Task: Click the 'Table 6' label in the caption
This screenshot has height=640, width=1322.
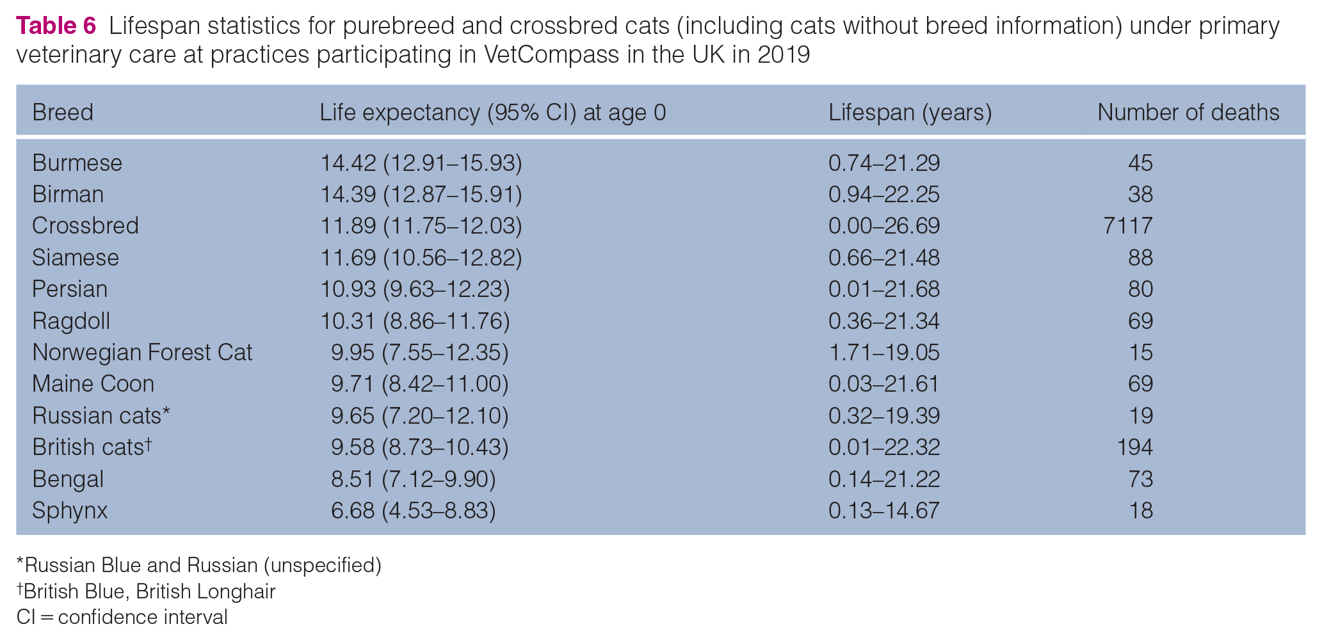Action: click(x=56, y=26)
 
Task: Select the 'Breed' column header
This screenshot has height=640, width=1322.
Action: click(x=63, y=113)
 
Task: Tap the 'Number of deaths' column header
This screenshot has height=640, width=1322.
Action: click(x=1188, y=113)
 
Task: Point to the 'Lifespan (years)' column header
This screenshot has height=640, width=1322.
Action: click(x=910, y=113)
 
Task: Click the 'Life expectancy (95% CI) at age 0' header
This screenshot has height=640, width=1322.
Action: click(x=493, y=113)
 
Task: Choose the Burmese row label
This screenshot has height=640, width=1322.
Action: click(x=77, y=163)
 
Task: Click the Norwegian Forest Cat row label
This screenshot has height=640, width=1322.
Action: click(x=142, y=353)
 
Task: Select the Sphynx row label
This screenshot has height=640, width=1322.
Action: click(x=70, y=511)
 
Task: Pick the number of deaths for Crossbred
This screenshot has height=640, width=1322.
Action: click(x=1128, y=226)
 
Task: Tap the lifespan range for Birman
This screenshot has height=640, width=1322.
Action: click(x=884, y=195)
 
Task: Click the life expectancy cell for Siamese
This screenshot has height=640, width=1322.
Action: click(x=421, y=258)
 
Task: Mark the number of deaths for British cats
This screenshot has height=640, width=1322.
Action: click(x=1134, y=447)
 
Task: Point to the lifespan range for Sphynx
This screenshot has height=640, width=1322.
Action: click(x=884, y=511)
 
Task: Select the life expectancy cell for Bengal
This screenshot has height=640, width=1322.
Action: click(x=414, y=479)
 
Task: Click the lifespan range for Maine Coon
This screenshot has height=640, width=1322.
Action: click(x=884, y=384)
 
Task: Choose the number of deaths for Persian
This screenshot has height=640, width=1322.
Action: click(x=1140, y=289)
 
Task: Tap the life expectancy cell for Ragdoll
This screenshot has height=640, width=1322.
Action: click(x=415, y=321)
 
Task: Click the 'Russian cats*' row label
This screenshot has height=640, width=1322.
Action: click(x=101, y=416)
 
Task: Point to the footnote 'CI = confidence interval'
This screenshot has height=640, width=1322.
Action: click(x=122, y=617)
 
